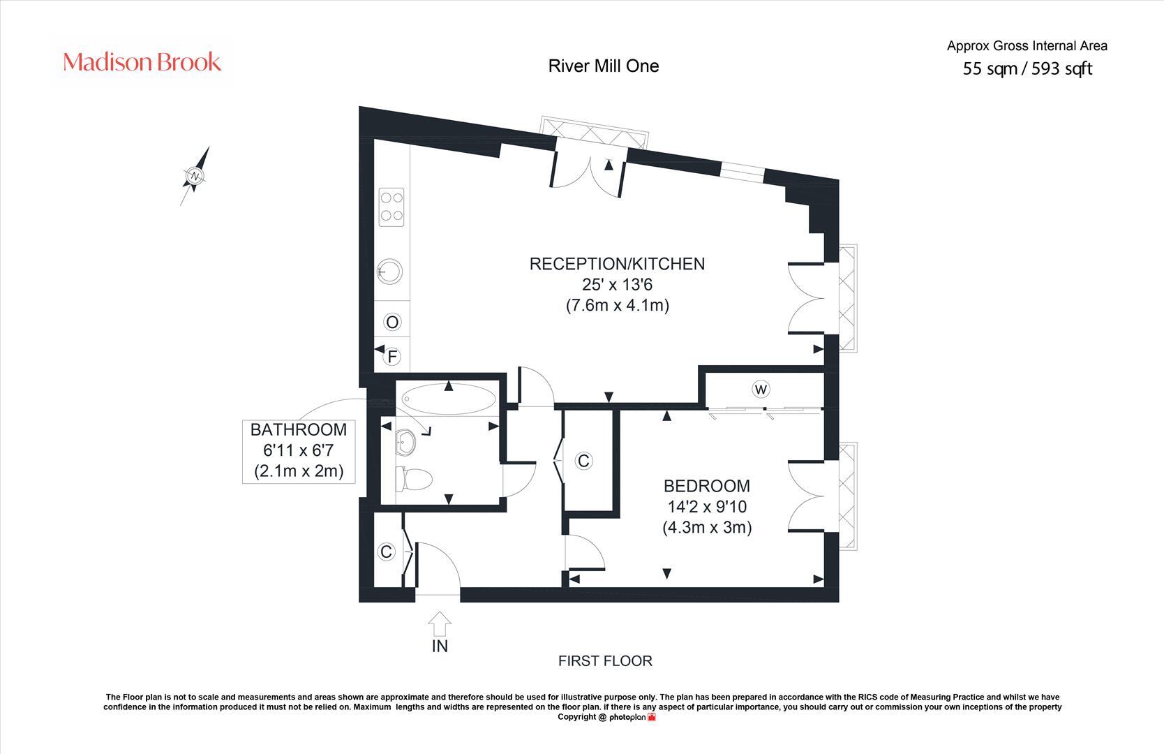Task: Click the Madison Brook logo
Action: click(142, 62)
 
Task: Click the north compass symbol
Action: click(195, 176)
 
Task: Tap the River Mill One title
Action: click(604, 66)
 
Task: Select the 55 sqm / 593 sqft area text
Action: click(1027, 68)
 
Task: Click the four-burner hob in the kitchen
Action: click(392, 207)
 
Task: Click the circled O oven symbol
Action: click(392, 322)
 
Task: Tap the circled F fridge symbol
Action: click(392, 357)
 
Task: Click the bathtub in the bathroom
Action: click(449, 399)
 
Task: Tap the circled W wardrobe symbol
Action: click(760, 389)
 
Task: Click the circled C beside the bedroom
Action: click(584, 461)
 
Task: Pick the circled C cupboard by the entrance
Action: click(386, 552)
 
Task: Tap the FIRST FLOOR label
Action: click(605, 660)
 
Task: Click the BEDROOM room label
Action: click(707, 486)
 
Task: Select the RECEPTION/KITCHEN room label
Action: click(617, 264)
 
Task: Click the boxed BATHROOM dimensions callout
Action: click(299, 450)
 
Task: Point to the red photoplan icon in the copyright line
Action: click(651, 717)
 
